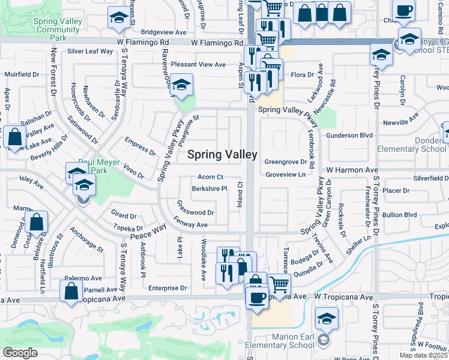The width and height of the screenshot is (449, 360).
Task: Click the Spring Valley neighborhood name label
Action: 223,155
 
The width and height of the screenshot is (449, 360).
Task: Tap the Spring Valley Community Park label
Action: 58,29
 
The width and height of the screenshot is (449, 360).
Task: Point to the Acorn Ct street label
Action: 211,177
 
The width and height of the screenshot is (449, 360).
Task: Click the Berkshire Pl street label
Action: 209,188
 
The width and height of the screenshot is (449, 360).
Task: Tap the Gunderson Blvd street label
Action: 349,136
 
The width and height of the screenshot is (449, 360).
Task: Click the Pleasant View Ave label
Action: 198,64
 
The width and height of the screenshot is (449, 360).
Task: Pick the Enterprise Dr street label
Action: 168,288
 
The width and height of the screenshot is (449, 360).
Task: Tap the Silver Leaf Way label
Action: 90,52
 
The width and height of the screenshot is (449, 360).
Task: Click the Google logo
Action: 20,352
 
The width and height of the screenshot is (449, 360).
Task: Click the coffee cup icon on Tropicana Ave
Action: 258,298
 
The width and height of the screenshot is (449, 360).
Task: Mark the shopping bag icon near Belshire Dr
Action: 37,222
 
